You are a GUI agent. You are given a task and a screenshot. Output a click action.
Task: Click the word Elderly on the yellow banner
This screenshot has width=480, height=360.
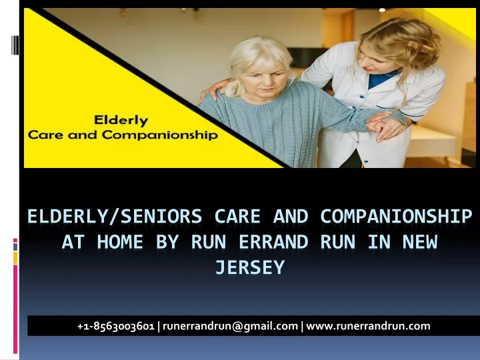click(121, 121)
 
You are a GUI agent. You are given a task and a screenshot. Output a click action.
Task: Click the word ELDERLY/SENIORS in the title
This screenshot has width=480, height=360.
click(115, 217)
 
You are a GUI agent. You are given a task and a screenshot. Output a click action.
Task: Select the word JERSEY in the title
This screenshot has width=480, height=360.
click(250, 267)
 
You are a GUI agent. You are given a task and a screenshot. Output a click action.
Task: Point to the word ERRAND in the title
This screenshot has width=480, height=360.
click(273, 242)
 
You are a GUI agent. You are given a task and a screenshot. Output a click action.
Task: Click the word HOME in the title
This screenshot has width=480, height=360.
click(120, 242)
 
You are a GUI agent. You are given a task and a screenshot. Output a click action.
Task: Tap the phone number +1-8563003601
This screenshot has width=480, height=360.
click(116, 326)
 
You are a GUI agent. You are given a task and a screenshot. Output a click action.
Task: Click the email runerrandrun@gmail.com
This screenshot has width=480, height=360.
click(230, 326)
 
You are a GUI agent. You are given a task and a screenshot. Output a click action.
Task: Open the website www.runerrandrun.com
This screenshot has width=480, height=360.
click(368, 326)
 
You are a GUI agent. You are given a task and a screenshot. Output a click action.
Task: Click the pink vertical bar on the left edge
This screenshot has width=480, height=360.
click(15, 309)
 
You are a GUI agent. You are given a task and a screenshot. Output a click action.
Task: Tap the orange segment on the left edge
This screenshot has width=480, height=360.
click(15, 258)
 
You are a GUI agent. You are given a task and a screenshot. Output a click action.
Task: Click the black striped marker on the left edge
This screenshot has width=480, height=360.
click(15, 45)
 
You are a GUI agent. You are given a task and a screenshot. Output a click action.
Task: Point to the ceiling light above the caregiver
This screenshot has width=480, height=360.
click(382, 10)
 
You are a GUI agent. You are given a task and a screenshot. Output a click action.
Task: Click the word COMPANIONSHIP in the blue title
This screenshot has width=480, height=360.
click(396, 217)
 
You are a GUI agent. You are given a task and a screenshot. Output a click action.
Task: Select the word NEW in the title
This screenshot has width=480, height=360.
click(420, 242)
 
